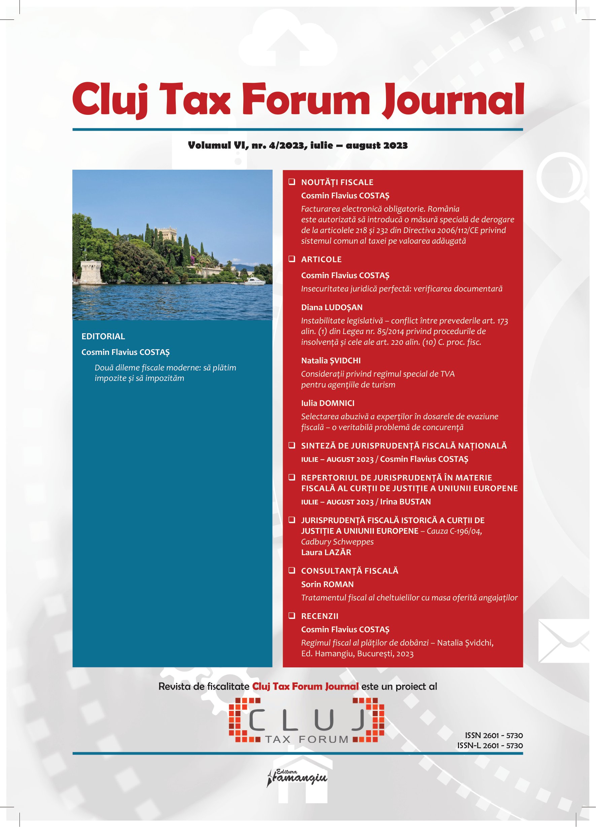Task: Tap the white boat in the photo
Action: (254, 281)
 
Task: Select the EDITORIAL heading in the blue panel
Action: (103, 336)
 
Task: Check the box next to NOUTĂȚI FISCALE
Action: (292, 181)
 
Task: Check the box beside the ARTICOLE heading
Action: (292, 259)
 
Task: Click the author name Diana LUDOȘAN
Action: (332, 307)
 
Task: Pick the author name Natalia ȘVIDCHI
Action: (330, 361)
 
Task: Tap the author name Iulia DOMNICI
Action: (327, 403)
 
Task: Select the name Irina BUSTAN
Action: (405, 502)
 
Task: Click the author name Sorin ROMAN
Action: (327, 584)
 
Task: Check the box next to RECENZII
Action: (292, 616)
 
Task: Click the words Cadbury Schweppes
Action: (337, 541)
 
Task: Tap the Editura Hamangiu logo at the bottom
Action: (297, 778)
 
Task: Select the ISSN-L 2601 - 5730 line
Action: (490, 746)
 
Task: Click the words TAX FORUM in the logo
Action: (307, 739)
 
